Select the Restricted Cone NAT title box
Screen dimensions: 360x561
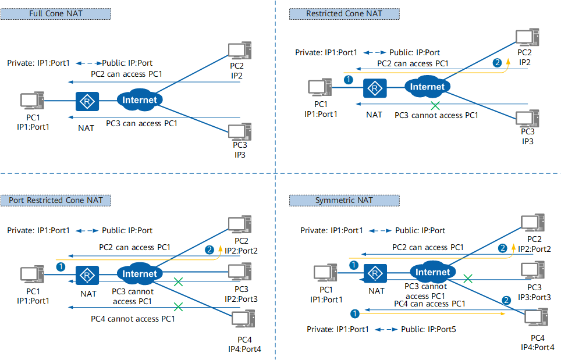point(344,13)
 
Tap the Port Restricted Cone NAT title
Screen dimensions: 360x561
point(56,200)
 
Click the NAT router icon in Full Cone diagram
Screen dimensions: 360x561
point(87,101)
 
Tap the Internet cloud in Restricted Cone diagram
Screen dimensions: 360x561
point(427,87)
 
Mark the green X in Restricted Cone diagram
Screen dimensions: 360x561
point(434,106)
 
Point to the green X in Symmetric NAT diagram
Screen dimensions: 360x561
point(467,279)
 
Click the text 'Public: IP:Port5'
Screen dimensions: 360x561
point(428,330)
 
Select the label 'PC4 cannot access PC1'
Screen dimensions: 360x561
point(133,319)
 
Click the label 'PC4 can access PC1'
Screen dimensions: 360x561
point(429,304)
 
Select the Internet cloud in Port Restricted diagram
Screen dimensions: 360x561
point(140,273)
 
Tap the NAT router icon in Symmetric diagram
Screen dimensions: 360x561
point(376,273)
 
